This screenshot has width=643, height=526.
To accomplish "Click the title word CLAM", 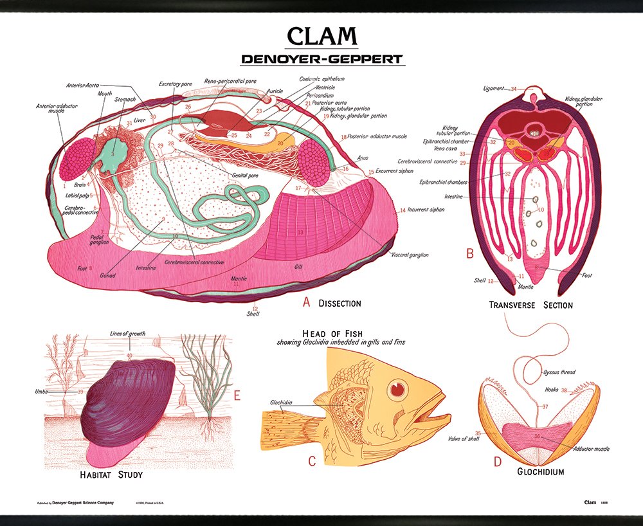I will coord(321,37).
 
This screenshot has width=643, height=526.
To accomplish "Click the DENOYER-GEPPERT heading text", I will coord(321,59).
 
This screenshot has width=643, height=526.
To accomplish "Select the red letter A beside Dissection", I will coord(306,302).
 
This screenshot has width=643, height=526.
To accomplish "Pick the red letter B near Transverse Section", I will coord(470,253).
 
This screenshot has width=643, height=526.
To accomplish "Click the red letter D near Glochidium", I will coord(497,461).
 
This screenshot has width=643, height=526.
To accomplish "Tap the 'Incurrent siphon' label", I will coord(425,210).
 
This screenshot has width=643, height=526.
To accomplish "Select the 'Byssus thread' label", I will coord(559,372).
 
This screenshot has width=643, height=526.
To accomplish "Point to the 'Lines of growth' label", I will coord(129,333).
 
